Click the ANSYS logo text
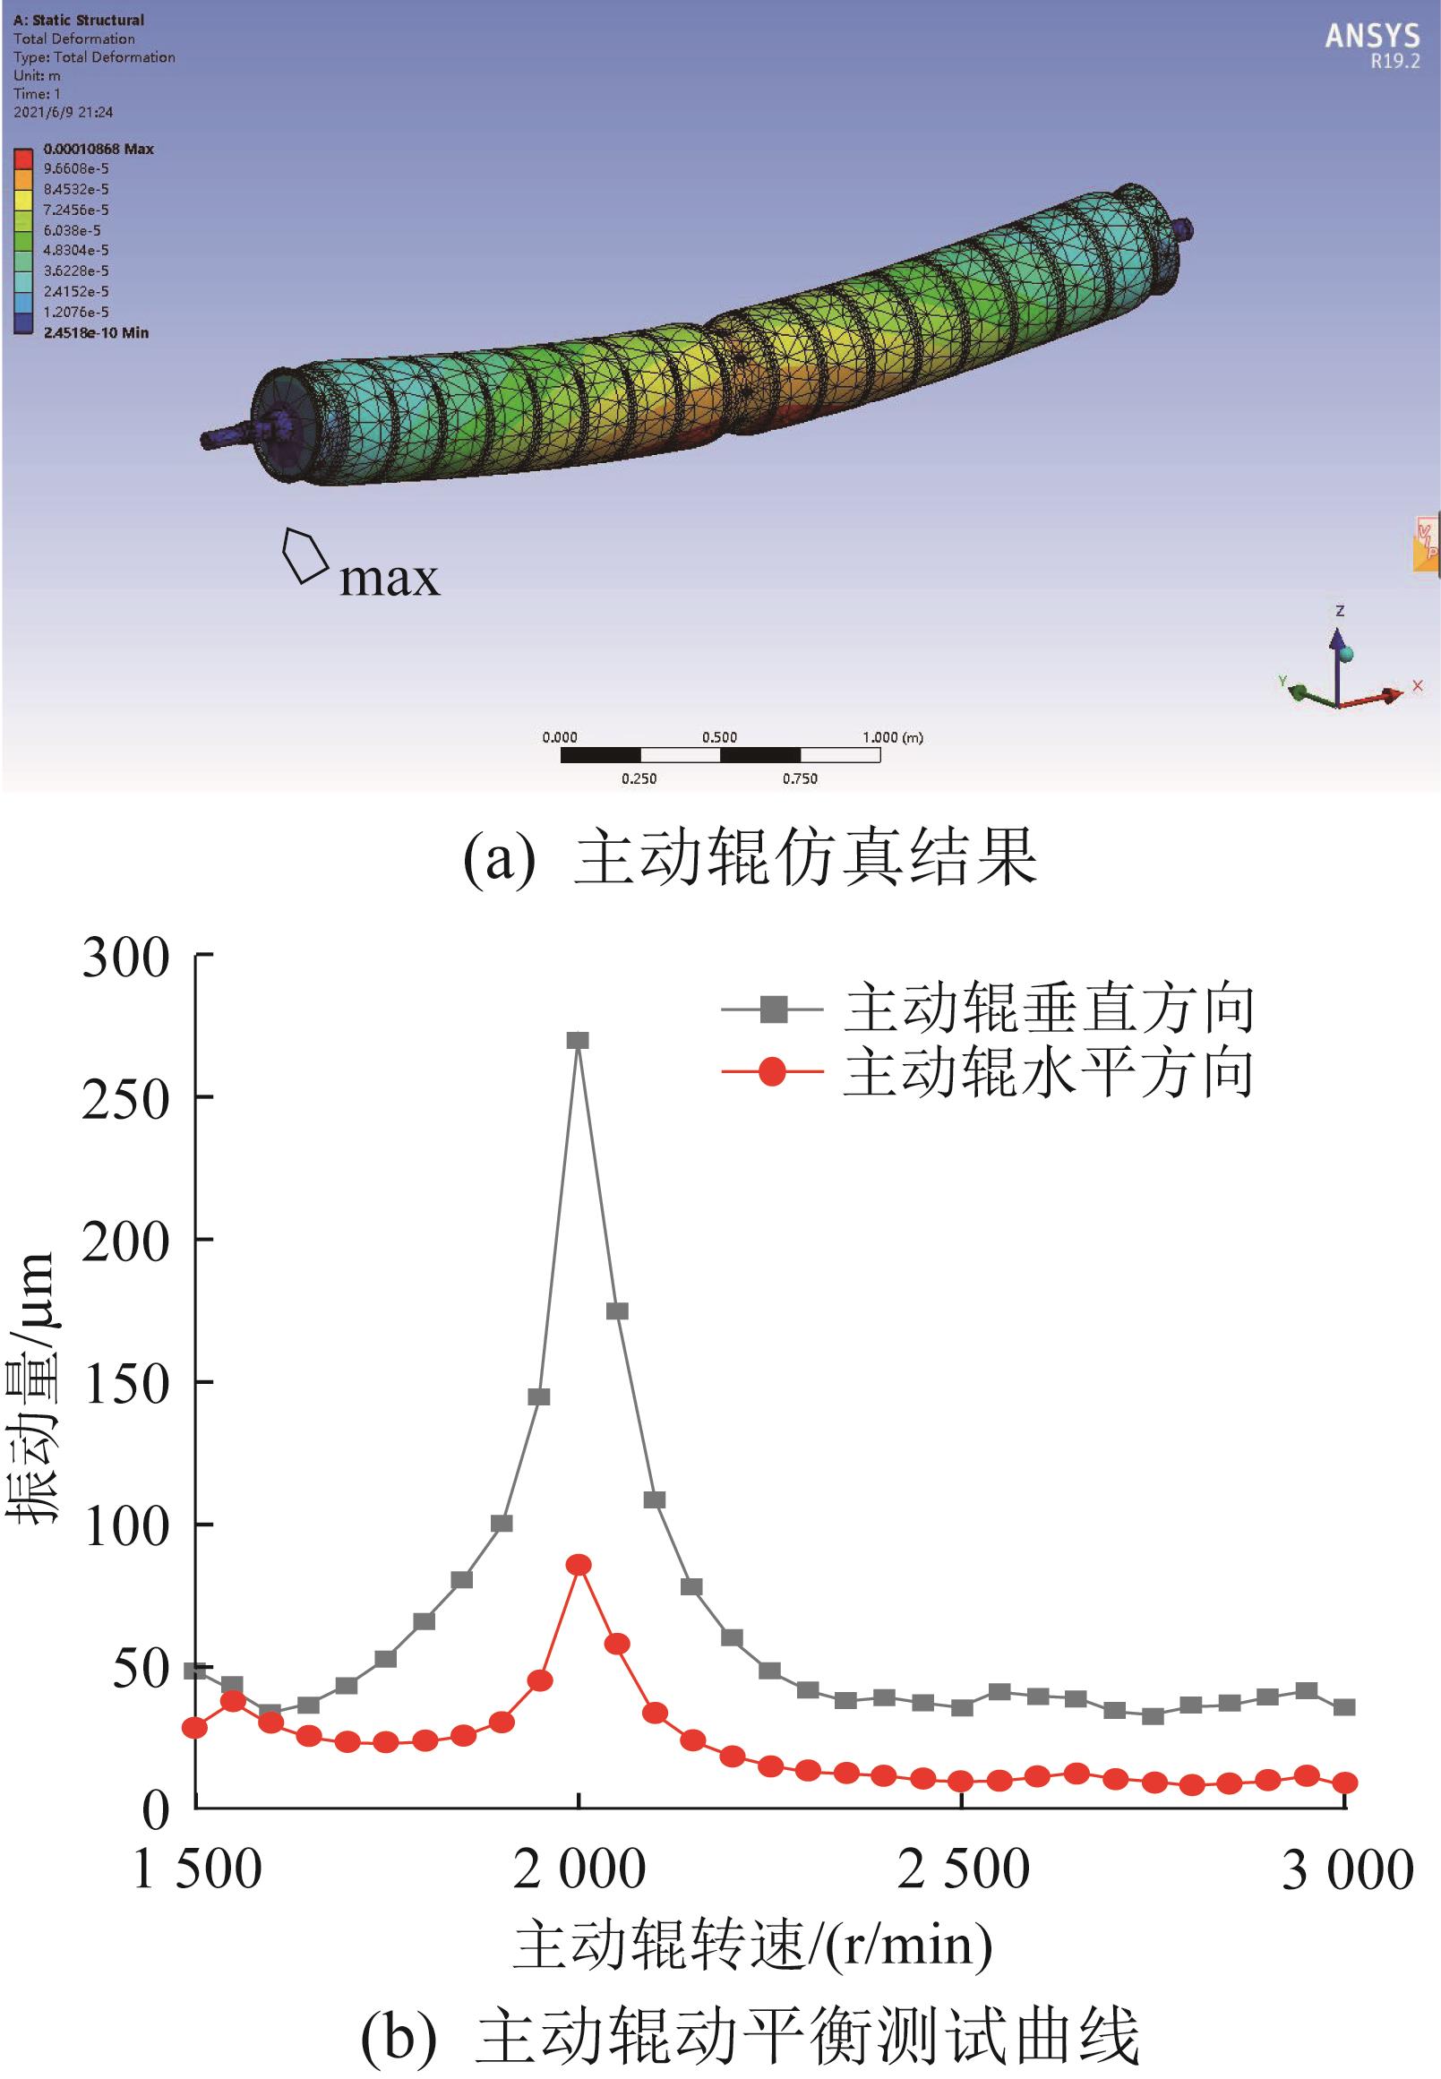(x=1371, y=36)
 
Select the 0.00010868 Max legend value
(x=99, y=149)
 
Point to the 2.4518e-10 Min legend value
(x=96, y=333)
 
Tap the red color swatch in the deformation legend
(x=24, y=159)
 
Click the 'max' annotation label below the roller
(x=390, y=579)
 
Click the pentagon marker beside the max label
(x=304, y=554)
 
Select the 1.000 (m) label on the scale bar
(x=892, y=737)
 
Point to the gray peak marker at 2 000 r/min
(x=578, y=1041)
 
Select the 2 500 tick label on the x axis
(x=963, y=1869)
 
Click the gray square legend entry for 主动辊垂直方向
(x=773, y=1009)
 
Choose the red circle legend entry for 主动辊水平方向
(x=773, y=1072)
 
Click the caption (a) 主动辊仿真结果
(x=750, y=858)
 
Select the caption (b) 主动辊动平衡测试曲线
(x=750, y=2037)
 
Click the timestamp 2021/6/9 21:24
(x=64, y=112)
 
